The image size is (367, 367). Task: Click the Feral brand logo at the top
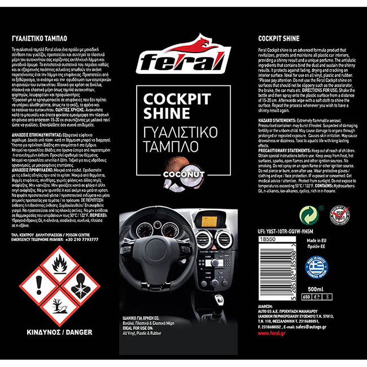click(x=183, y=55)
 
